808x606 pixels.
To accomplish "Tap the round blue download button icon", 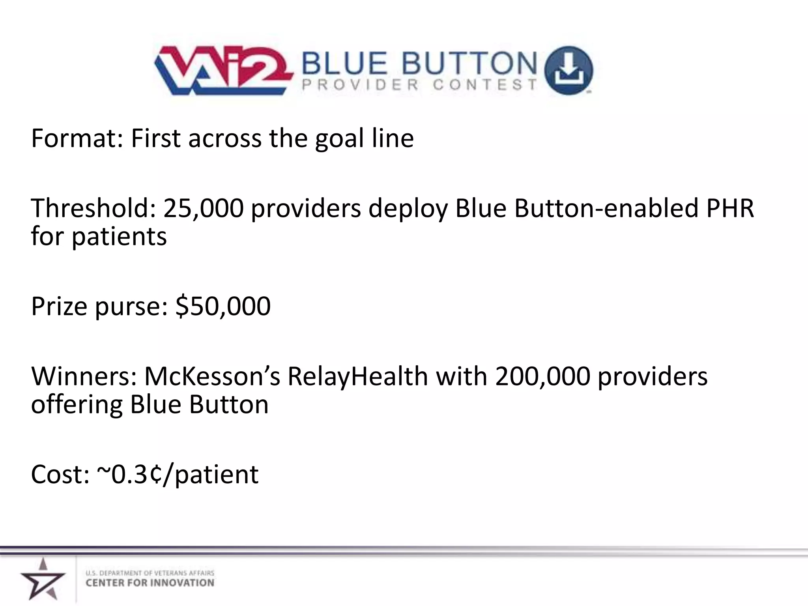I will pos(568,70).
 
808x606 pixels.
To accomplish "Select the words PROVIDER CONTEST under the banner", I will pos(419,85).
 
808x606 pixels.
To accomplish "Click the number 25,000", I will pos(204,208).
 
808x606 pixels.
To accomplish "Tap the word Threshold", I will pos(93,208).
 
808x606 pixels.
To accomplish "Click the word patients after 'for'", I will pos(119,237).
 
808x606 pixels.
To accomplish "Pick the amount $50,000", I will pos(223,306).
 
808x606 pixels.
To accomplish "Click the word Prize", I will pos(59,306).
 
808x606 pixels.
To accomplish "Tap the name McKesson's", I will pos(212,376).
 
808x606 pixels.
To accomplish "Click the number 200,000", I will pos(542,376).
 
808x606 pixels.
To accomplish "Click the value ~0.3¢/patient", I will pos(178,474).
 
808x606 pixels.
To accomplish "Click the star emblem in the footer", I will pos(43,579).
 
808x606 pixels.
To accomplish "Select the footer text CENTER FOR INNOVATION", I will pos(150,583).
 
